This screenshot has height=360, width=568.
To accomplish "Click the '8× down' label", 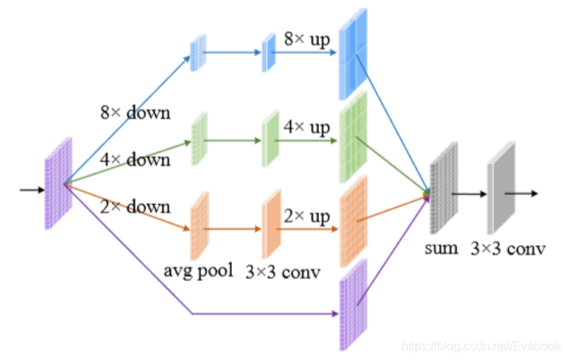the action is [x=134, y=112].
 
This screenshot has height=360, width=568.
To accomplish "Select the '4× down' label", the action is [x=134, y=160].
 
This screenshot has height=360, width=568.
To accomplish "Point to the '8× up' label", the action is [x=307, y=38].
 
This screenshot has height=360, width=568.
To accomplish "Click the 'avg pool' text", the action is [x=198, y=270].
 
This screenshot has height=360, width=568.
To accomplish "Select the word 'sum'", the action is [x=443, y=247].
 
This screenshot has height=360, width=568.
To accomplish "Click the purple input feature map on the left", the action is [x=59, y=183].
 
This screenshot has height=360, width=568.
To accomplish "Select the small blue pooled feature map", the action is [x=197, y=52].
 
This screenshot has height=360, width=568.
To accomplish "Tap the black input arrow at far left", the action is [x=31, y=189].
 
